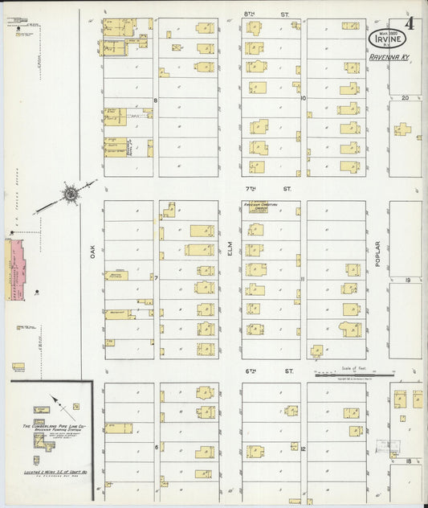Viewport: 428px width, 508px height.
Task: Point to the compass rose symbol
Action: (71, 193)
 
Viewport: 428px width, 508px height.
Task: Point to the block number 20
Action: (405, 97)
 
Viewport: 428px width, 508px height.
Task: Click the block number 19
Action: (408, 280)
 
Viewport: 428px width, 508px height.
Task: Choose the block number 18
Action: (408, 461)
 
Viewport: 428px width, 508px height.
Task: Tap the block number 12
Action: (304, 448)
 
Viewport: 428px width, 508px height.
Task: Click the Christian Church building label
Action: (259, 207)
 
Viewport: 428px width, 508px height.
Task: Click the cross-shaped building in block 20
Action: (402, 129)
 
